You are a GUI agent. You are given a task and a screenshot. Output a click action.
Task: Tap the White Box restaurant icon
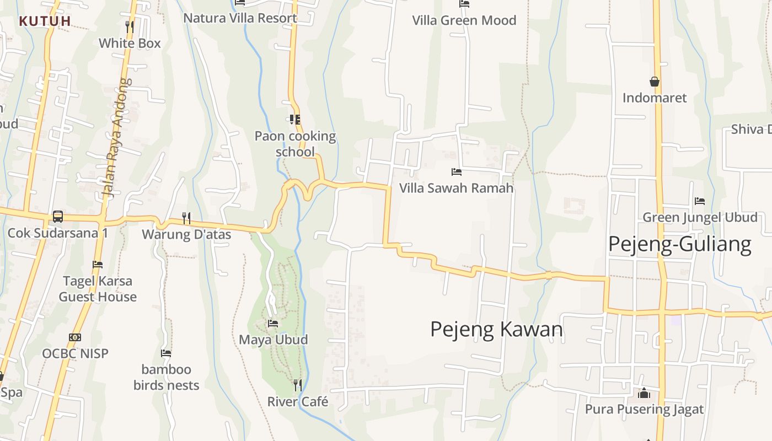tap(130, 25)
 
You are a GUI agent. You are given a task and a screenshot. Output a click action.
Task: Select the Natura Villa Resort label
tap(240, 18)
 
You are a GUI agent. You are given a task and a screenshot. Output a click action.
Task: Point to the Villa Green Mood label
tap(464, 20)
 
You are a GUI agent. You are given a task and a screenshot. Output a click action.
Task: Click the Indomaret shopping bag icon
tap(655, 82)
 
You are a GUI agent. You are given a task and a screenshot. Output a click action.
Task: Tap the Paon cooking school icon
tap(295, 119)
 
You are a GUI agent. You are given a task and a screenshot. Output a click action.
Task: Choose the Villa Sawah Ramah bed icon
tap(456, 172)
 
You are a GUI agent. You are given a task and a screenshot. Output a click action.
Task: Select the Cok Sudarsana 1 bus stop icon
tap(58, 216)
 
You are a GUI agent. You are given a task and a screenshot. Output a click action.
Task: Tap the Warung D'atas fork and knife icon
tap(186, 218)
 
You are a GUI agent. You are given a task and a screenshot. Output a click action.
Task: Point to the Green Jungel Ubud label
tap(700, 217)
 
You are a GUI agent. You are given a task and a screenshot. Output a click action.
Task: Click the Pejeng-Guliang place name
tap(679, 244)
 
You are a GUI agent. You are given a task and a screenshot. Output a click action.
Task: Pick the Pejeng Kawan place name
tap(496, 329)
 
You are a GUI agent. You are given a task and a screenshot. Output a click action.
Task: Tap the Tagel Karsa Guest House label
tap(98, 289)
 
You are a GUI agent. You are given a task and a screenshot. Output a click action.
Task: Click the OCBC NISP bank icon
tap(75, 337)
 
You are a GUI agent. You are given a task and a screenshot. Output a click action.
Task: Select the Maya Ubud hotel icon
tap(273, 323)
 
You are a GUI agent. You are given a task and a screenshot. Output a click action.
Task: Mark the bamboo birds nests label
tap(166, 377)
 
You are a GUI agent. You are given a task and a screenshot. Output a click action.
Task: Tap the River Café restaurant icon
tap(297, 385)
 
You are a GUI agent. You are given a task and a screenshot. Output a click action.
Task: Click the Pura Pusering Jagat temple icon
tap(644, 393)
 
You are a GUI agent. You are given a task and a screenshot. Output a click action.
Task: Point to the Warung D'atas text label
tap(186, 234)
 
